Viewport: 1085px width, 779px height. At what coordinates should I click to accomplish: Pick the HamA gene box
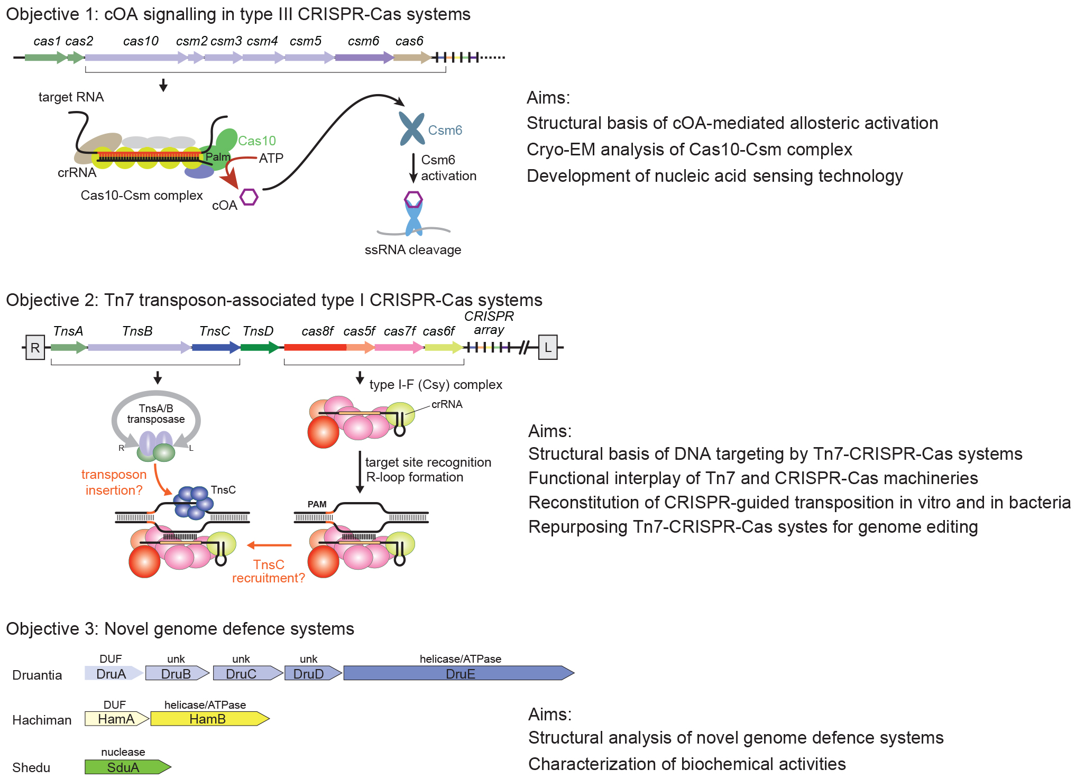116,719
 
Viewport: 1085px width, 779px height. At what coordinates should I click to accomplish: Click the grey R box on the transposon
35,348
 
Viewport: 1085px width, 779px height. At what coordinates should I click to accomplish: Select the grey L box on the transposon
548,348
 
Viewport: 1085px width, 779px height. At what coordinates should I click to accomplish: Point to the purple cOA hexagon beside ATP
249,197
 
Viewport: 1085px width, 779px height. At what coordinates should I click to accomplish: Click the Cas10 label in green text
257,141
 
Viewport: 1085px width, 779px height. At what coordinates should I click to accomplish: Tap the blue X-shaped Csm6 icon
411,128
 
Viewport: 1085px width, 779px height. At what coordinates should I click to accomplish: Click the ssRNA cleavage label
412,250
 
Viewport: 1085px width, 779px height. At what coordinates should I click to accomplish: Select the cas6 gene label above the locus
409,41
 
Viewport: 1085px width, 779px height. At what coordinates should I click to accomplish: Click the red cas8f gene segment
315,347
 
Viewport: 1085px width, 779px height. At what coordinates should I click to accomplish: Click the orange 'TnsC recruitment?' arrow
269,545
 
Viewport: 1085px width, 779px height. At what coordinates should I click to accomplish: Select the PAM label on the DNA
317,504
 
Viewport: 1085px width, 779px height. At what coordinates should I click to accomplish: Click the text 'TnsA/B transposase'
156,414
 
